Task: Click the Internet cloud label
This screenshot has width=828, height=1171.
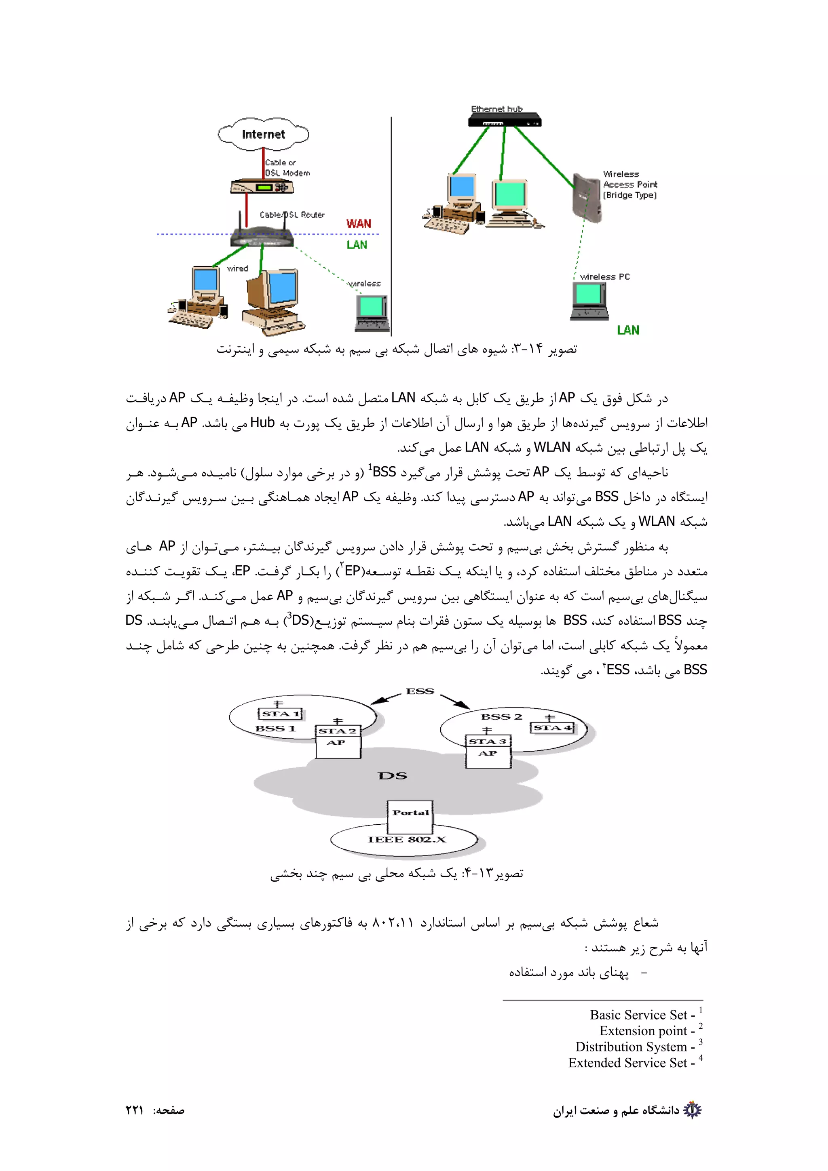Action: [263, 134]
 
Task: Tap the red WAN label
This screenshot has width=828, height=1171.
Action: [359, 223]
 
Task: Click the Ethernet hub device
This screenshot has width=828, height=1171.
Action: [505, 121]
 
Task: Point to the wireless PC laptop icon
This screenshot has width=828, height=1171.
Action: [589, 301]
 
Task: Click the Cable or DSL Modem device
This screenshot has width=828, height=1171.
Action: [262, 187]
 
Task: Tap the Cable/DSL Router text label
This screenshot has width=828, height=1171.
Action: [292, 215]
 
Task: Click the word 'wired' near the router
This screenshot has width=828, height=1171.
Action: [237, 268]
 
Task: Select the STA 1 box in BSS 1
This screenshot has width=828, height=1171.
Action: [281, 714]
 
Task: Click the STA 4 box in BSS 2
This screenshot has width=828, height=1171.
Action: [553, 728]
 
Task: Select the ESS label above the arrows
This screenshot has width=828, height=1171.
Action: [420, 691]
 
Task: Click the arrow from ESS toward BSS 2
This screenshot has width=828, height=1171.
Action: [455, 701]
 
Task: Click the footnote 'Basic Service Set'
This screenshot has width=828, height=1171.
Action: [638, 1015]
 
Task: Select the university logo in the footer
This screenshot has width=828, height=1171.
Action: [692, 1110]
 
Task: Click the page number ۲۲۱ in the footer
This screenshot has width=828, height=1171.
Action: [135, 1110]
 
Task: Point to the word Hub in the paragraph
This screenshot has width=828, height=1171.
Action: [262, 422]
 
